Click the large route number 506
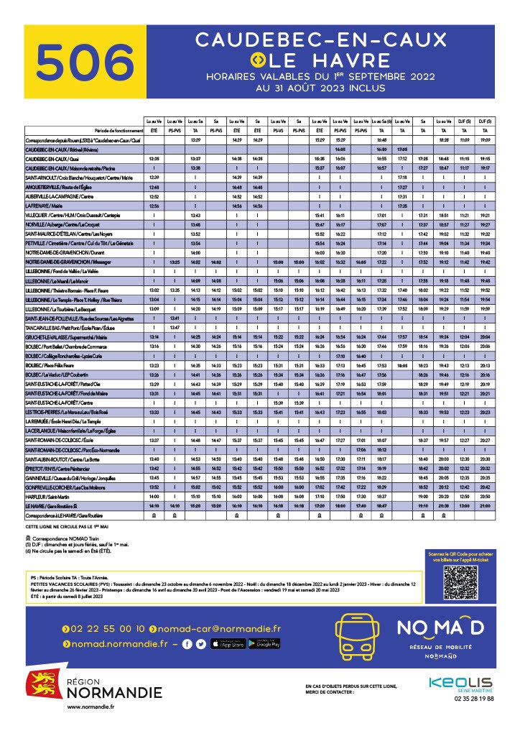[x=81, y=62]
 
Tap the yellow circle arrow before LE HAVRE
[x=259, y=60]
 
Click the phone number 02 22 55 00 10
[x=108, y=628]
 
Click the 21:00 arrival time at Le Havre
[x=486, y=506]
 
